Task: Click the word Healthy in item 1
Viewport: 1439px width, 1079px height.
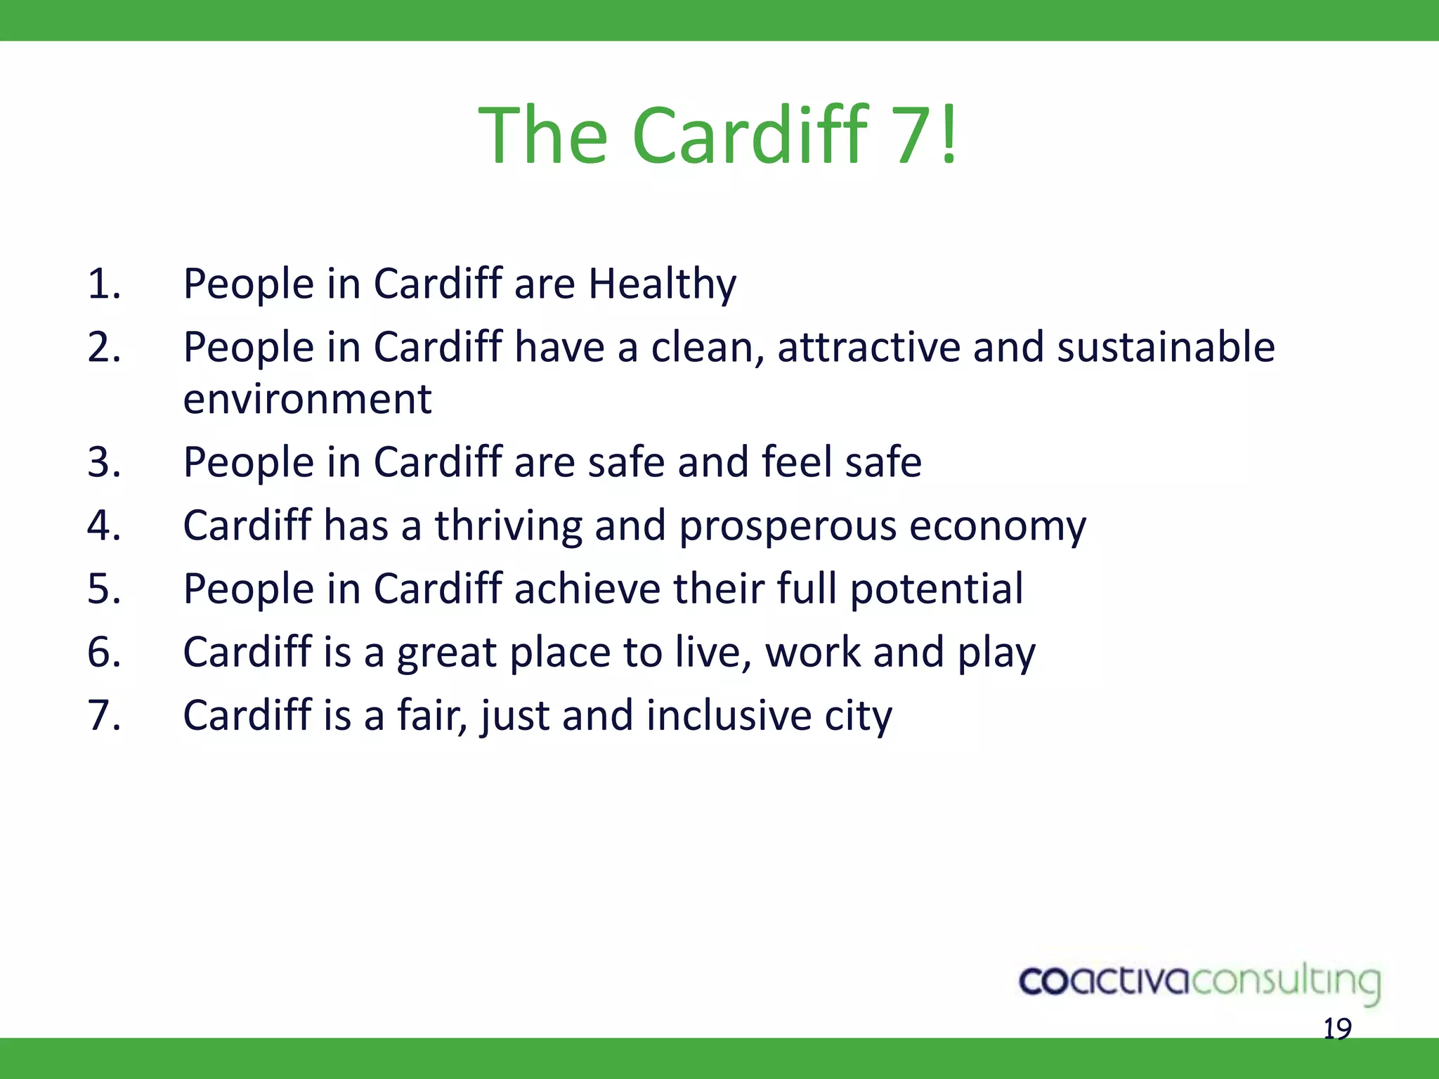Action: click(662, 285)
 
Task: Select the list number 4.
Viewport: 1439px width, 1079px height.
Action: click(104, 525)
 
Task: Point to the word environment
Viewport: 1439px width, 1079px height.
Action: click(307, 399)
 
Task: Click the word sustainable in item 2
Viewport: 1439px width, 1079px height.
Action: click(1166, 347)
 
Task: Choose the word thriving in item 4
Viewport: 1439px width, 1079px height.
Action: click(508, 525)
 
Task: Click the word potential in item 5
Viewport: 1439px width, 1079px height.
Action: click(936, 589)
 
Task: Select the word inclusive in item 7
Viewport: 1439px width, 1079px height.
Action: click(729, 715)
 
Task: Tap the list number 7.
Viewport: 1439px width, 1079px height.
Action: click(104, 715)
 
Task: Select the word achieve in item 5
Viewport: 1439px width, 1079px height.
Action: click(587, 589)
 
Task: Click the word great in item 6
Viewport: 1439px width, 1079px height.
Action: click(447, 653)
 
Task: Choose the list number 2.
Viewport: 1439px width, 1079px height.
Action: click(104, 347)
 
